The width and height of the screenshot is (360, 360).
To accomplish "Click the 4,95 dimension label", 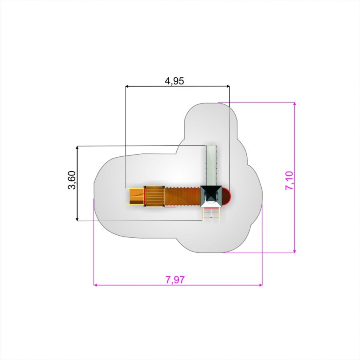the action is pyautogui.click(x=174, y=81).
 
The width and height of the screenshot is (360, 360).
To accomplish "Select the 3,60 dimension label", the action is pyautogui.click(x=72, y=180).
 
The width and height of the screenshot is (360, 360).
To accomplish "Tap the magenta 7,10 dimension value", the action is pyautogui.click(x=289, y=180).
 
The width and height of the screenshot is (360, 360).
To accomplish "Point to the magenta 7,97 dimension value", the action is pyautogui.click(x=175, y=280).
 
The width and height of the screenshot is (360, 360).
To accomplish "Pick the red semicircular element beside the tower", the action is pyautogui.click(x=226, y=196).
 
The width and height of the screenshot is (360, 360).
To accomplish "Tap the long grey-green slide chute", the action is pyautogui.click(x=211, y=165).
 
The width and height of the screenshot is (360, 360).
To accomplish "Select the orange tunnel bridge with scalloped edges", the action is pyautogui.click(x=183, y=196).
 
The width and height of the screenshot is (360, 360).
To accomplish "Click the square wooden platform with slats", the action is pyautogui.click(x=154, y=196).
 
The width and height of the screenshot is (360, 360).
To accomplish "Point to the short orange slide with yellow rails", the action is pyautogui.click(x=136, y=196).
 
